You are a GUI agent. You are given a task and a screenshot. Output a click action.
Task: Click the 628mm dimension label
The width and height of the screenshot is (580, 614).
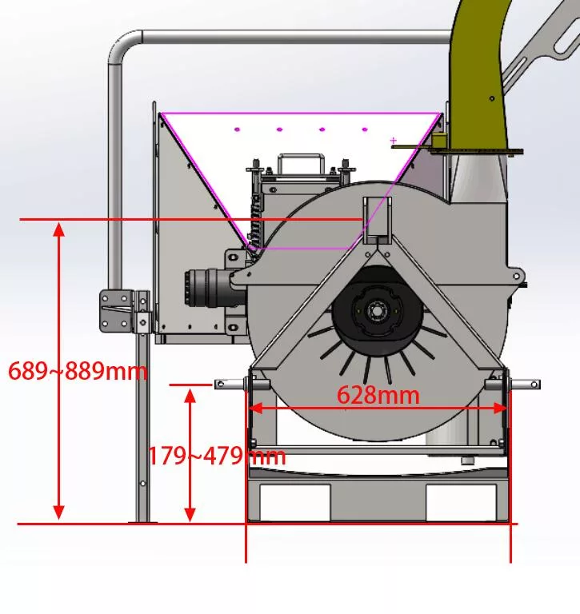point(378,395)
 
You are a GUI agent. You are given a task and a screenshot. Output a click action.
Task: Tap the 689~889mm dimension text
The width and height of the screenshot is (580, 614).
point(78,371)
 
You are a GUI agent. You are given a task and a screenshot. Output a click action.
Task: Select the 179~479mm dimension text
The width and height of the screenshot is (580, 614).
point(217,456)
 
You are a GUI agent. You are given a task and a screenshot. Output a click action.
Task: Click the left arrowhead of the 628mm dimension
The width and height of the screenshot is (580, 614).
point(255,409)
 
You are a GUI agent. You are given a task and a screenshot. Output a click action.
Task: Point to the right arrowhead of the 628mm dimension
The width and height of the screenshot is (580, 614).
point(501,409)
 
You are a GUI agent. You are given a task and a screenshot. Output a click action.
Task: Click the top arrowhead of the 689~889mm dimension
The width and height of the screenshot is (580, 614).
point(58,229)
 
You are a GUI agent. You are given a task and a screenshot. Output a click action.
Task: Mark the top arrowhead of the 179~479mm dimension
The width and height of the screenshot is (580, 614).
point(190,397)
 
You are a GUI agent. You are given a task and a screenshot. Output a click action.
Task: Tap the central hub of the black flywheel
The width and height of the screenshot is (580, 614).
point(377,311)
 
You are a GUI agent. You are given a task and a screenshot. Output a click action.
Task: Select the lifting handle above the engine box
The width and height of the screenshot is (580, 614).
point(302,164)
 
